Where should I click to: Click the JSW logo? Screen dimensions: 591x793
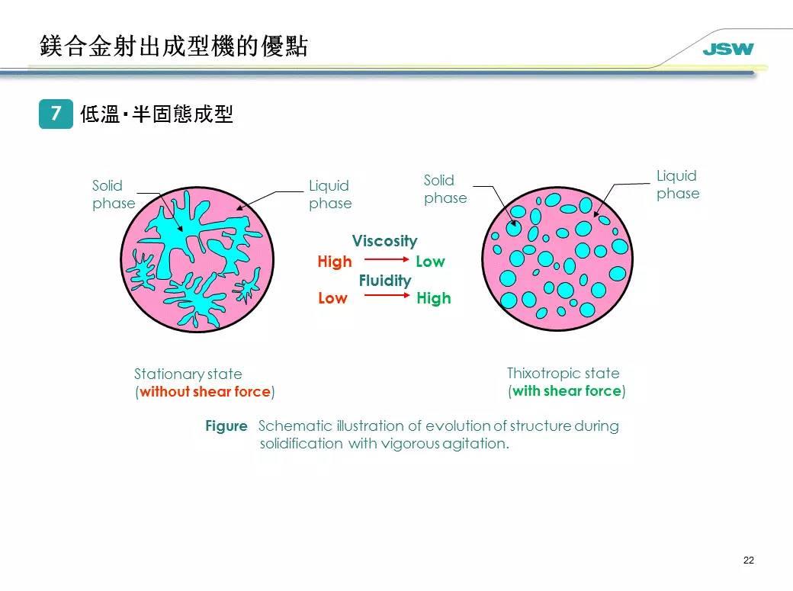tap(727, 50)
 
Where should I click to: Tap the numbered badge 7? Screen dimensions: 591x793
tap(56, 114)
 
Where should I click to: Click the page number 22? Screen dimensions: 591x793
tap(748, 560)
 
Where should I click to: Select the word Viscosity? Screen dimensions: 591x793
tap(384, 241)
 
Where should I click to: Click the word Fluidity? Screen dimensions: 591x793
tap(384, 281)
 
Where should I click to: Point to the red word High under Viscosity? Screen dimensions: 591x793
tap(335, 262)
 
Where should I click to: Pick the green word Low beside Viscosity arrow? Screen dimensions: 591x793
tap(430, 262)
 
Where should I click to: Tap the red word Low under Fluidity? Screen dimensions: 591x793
tap(332, 298)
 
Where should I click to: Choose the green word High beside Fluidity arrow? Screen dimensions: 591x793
tap(434, 298)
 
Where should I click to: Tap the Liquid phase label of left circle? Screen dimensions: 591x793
tap(330, 194)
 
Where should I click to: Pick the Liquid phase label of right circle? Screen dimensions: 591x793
tap(678, 185)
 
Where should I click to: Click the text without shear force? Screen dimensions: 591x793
tap(205, 392)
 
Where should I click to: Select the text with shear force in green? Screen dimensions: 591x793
tap(567, 391)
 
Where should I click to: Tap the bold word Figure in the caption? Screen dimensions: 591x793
tap(226, 426)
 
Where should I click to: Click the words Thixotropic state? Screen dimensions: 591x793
tap(563, 373)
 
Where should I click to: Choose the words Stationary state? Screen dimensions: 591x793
tap(188, 374)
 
